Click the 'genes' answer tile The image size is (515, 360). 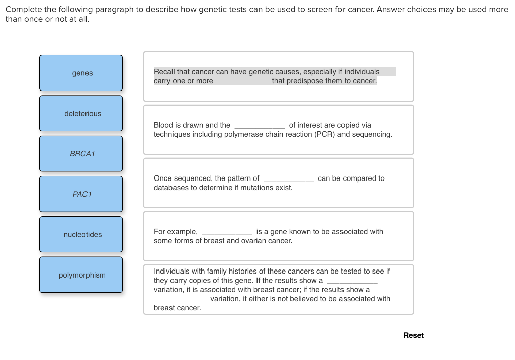click(81, 73)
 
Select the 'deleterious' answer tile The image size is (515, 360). click(81, 114)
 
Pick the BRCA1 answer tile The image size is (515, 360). click(81, 154)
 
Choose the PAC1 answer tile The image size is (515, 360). click(81, 194)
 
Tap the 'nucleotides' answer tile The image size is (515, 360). click(81, 235)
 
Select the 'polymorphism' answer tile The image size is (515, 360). click(81, 275)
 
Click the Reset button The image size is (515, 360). click(413, 335)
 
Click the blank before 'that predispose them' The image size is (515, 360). click(242, 81)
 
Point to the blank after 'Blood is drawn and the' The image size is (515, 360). click(260, 126)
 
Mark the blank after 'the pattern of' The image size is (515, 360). click(289, 179)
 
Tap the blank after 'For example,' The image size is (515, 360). click(227, 232)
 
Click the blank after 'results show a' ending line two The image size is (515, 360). click(352, 281)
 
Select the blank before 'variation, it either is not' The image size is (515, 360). click(181, 299)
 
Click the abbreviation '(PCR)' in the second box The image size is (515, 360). click(325, 134)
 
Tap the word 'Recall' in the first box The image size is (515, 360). click(164, 72)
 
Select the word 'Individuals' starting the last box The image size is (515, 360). click(172, 271)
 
